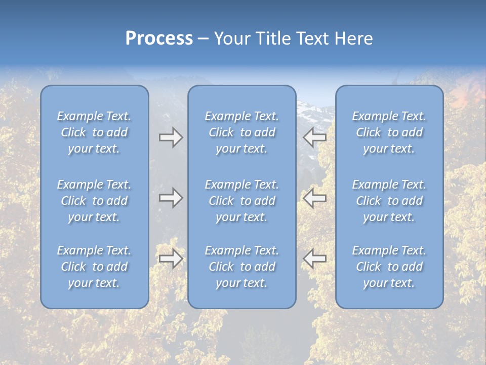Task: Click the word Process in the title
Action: (x=159, y=39)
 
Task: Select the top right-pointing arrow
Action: (x=171, y=137)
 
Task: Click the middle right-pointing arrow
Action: (x=171, y=198)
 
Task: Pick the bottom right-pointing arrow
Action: (x=171, y=259)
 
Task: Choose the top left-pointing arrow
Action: (x=314, y=137)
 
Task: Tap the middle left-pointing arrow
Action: (x=314, y=198)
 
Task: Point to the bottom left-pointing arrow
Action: (x=314, y=259)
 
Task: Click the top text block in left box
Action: (x=94, y=132)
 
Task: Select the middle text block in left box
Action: (x=94, y=201)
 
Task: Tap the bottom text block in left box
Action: (x=94, y=267)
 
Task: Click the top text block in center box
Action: (x=241, y=132)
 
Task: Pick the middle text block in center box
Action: (x=241, y=201)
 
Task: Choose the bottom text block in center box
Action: (x=241, y=267)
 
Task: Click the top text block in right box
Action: (x=389, y=132)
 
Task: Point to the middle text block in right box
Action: (x=389, y=201)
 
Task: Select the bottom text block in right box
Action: (x=389, y=267)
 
